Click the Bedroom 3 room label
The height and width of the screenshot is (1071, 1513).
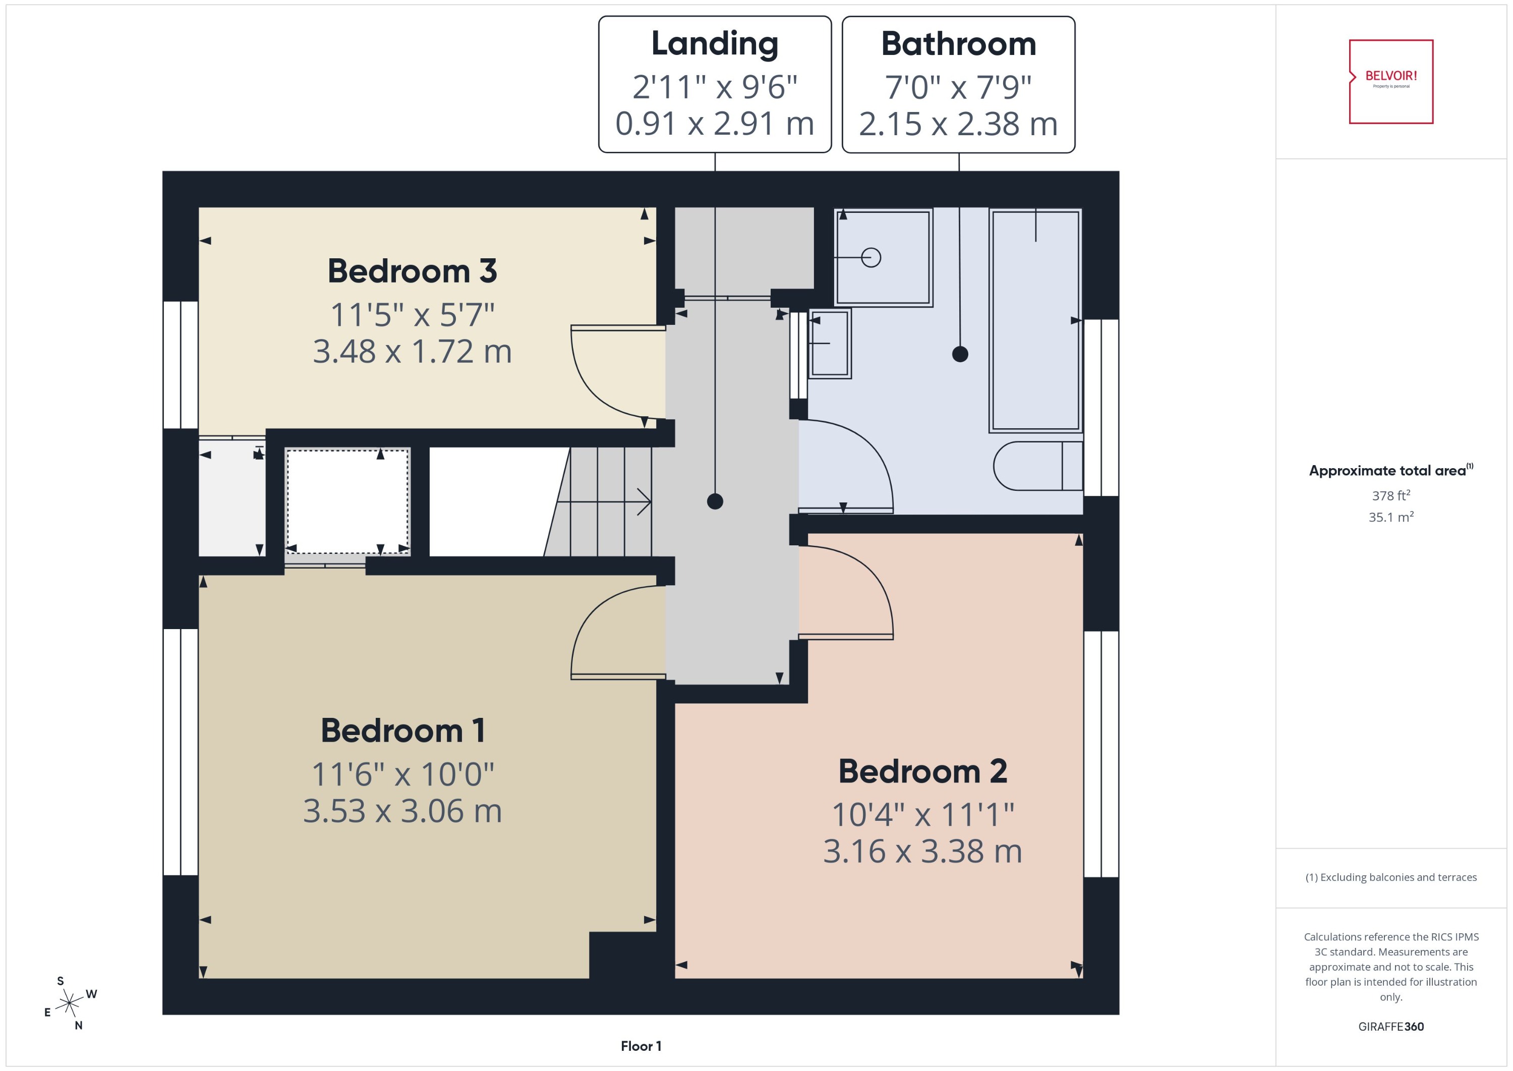412,271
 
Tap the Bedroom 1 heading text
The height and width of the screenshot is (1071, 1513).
403,730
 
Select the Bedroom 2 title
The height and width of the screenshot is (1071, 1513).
922,772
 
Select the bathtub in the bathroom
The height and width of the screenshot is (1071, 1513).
1035,320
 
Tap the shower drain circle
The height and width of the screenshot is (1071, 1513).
871,257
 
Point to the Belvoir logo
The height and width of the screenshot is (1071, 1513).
1390,81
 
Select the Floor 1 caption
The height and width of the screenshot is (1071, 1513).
640,1046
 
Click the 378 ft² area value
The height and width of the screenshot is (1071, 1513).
1390,495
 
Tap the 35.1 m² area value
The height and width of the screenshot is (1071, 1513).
1390,517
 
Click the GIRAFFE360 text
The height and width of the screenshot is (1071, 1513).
1390,1026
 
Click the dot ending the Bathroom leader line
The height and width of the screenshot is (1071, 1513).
960,354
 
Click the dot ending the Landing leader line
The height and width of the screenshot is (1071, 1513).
715,501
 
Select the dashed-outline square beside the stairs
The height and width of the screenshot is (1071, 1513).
347,502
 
